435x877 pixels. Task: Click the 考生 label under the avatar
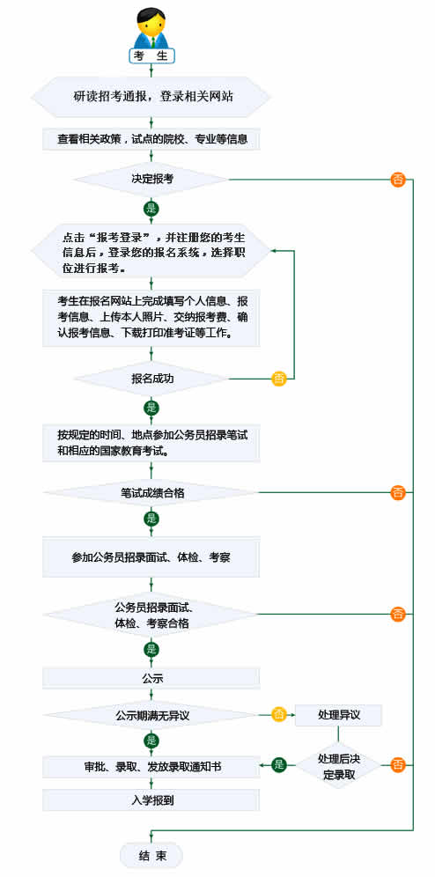[152, 55]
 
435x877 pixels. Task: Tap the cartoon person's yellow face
[152, 25]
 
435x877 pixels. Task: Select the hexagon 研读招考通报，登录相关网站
[151, 97]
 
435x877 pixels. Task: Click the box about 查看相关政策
[151, 139]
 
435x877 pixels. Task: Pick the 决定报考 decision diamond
[151, 180]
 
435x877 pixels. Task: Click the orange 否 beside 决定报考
[397, 180]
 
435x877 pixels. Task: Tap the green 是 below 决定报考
[151, 210]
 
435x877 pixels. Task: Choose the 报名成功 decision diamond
[151, 379]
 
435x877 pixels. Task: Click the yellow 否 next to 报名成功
[279, 379]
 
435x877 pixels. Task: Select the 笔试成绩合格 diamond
[151, 493]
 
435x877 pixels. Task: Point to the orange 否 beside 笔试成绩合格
[397, 493]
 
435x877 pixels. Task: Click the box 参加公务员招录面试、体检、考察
[151, 557]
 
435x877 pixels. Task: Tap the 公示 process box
[151, 679]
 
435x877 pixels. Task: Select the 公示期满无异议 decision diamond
[151, 714]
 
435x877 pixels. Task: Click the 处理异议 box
[338, 715]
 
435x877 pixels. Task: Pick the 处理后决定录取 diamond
[338, 766]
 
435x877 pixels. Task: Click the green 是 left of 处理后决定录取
[279, 766]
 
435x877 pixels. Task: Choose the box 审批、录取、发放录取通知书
[151, 767]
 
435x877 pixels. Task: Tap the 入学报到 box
[151, 800]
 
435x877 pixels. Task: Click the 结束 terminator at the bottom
[151, 855]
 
